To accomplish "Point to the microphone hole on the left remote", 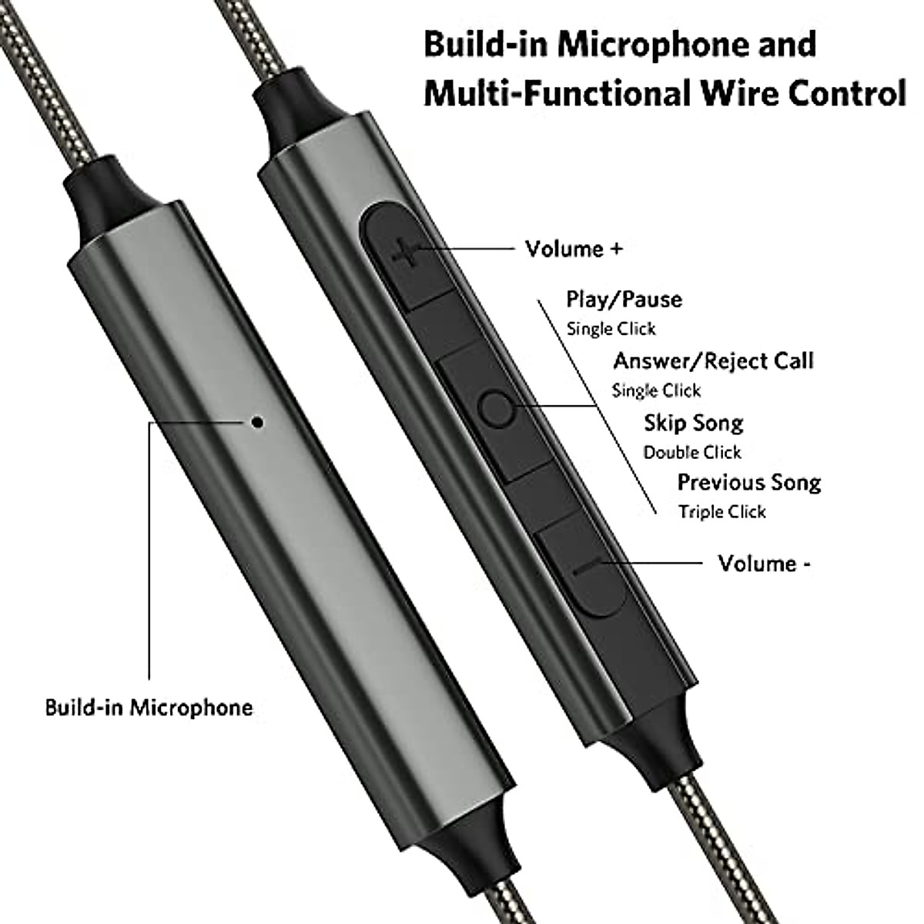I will [x=258, y=421].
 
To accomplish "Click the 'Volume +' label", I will [x=574, y=249].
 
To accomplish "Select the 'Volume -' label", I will [x=764, y=564].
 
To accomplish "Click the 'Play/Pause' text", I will [x=624, y=299].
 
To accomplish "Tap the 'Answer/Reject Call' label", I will [x=713, y=360].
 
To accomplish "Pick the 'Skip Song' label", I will [x=693, y=423].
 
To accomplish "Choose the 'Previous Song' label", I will [x=748, y=483].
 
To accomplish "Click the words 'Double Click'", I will [x=692, y=452].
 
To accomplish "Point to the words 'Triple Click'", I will [x=722, y=512].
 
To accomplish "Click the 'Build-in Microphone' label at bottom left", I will [x=149, y=707].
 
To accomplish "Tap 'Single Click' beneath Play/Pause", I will [x=611, y=329].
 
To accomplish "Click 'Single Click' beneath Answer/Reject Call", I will [x=656, y=390].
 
